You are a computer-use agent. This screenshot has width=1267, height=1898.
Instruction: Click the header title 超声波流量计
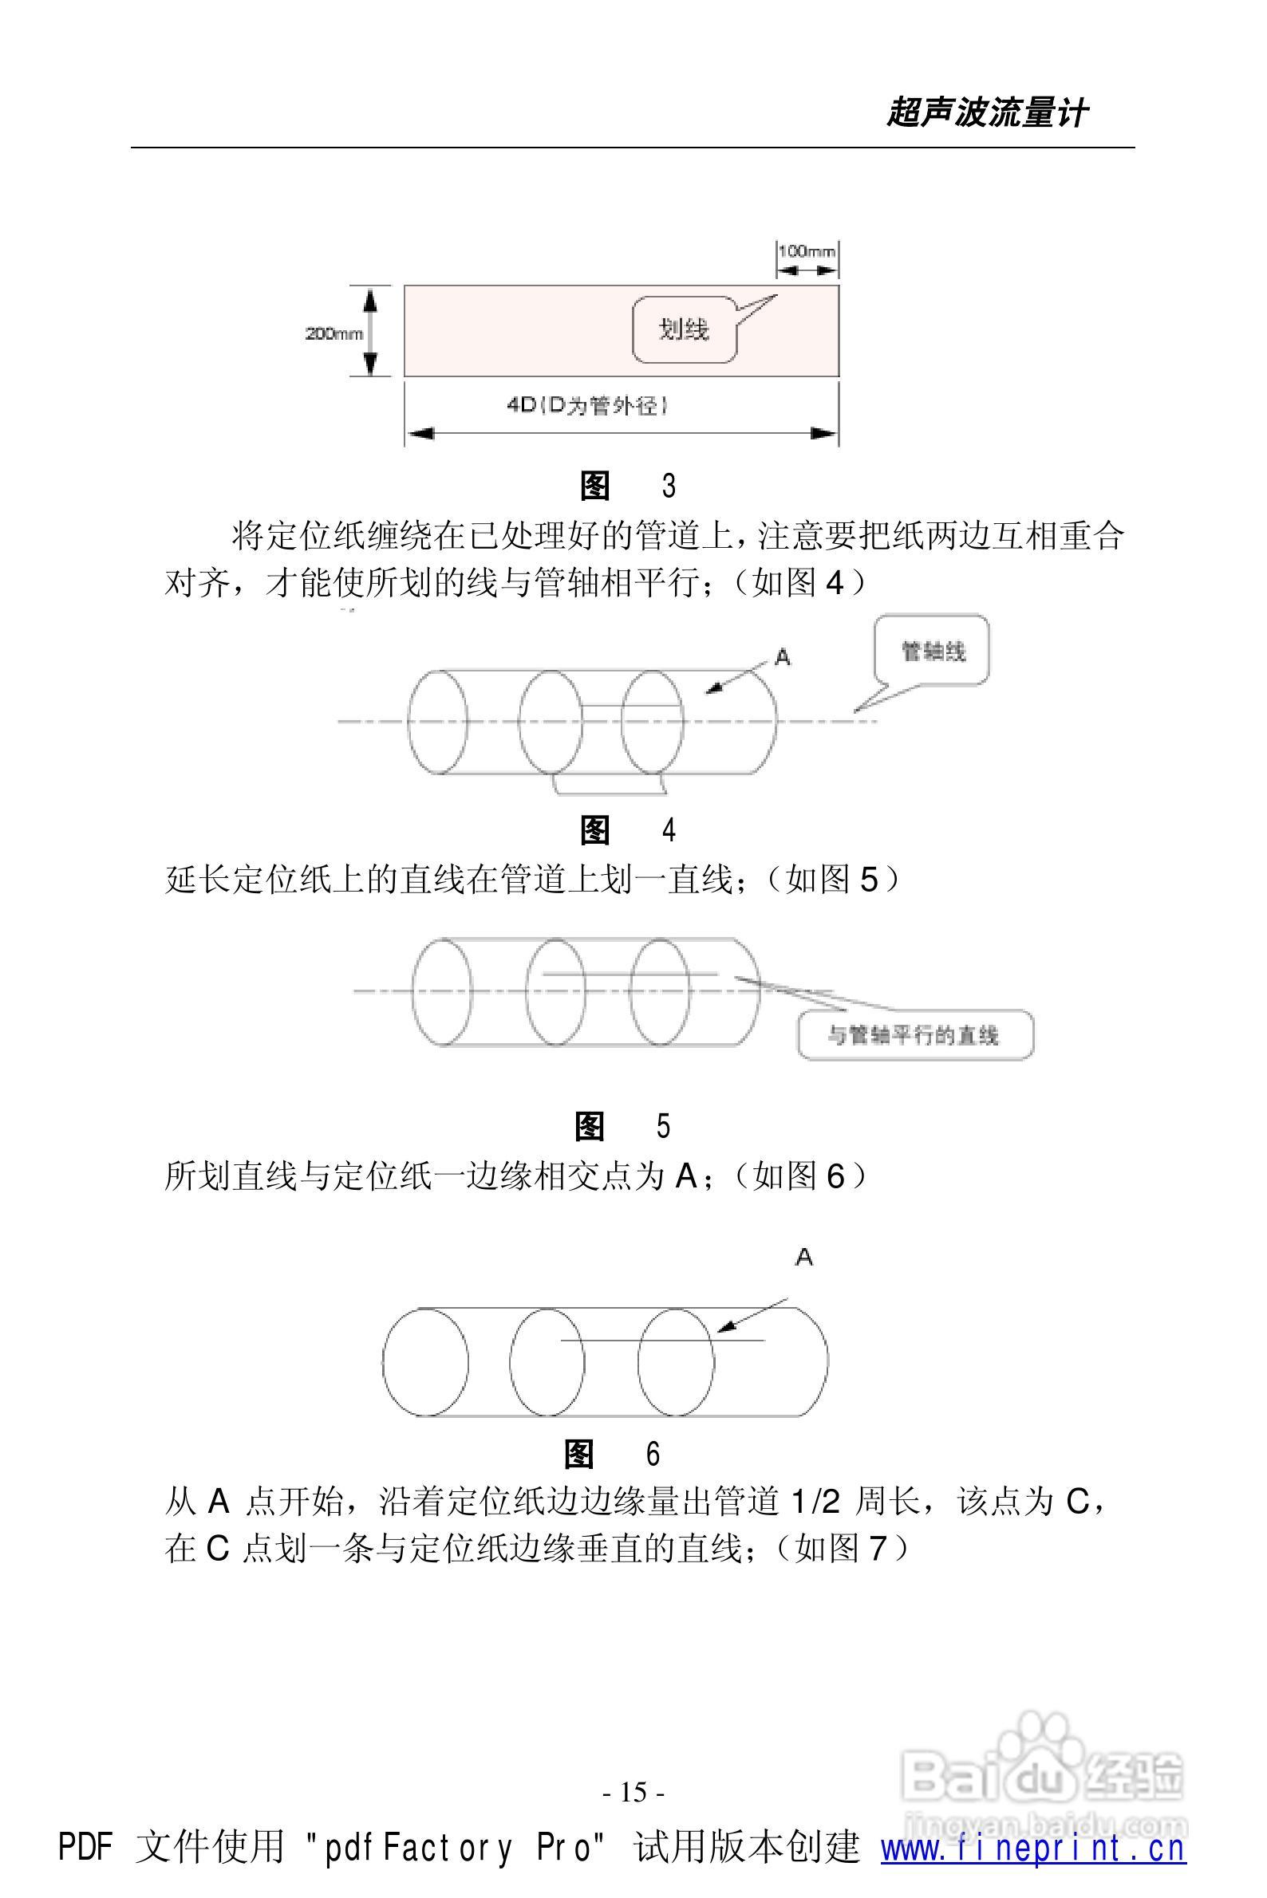(987, 113)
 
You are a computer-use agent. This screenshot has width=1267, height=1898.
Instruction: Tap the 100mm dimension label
(806, 251)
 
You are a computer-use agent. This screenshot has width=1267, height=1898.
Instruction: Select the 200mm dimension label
(334, 333)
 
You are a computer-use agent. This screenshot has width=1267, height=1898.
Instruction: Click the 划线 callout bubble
(684, 329)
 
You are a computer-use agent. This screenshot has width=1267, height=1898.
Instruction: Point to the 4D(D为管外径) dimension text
(586, 406)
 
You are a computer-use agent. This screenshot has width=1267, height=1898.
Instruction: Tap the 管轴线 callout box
(933, 651)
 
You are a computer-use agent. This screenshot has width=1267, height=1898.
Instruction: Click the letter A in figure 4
(782, 658)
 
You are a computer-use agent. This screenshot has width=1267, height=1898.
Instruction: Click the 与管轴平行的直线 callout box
(914, 1034)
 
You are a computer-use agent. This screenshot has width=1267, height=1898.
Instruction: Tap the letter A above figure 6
(804, 1257)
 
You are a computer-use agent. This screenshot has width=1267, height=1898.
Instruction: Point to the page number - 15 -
(633, 1792)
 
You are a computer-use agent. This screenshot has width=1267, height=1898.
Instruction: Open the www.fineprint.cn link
(1032, 1848)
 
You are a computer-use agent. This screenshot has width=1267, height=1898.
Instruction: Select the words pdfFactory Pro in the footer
(464, 1848)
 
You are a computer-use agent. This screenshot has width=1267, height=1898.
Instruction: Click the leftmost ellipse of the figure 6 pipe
(425, 1362)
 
